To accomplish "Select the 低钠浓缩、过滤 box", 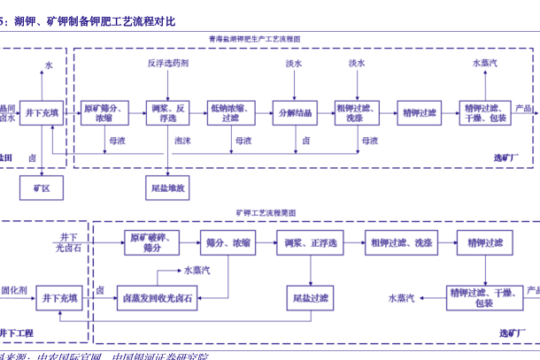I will click(x=231, y=112).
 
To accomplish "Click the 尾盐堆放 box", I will click(x=167, y=188).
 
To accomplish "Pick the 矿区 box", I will click(x=41, y=188).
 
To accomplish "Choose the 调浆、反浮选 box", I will click(x=167, y=112).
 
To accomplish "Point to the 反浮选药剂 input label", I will click(x=167, y=65).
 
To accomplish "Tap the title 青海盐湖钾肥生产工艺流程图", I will click(x=254, y=40).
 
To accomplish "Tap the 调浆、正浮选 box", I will click(x=311, y=243).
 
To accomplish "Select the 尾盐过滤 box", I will click(x=311, y=299).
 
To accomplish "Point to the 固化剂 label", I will click(x=13, y=289).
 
